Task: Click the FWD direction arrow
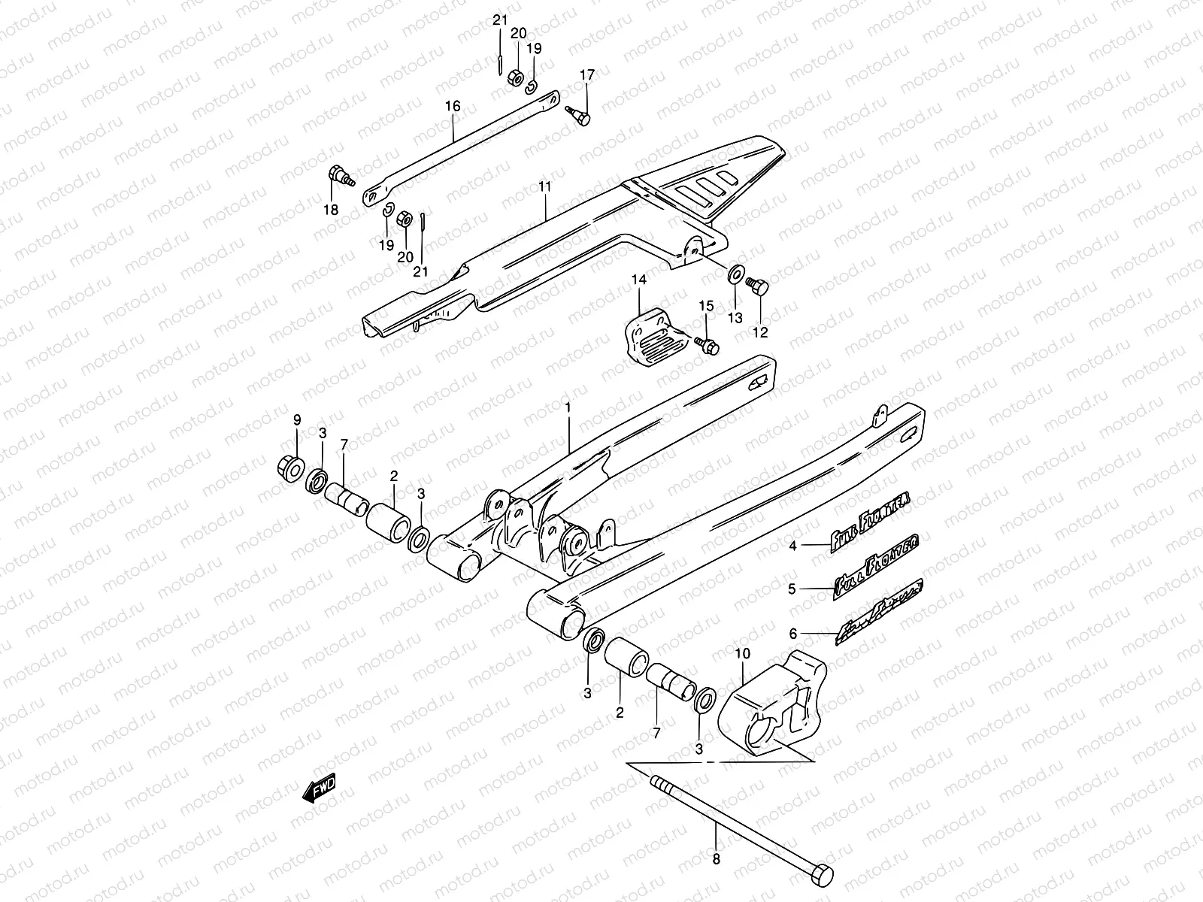[x=318, y=788]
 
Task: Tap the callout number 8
[x=716, y=859]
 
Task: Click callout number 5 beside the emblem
[x=792, y=590]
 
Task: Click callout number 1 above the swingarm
[x=568, y=407]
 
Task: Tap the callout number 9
[x=296, y=419]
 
